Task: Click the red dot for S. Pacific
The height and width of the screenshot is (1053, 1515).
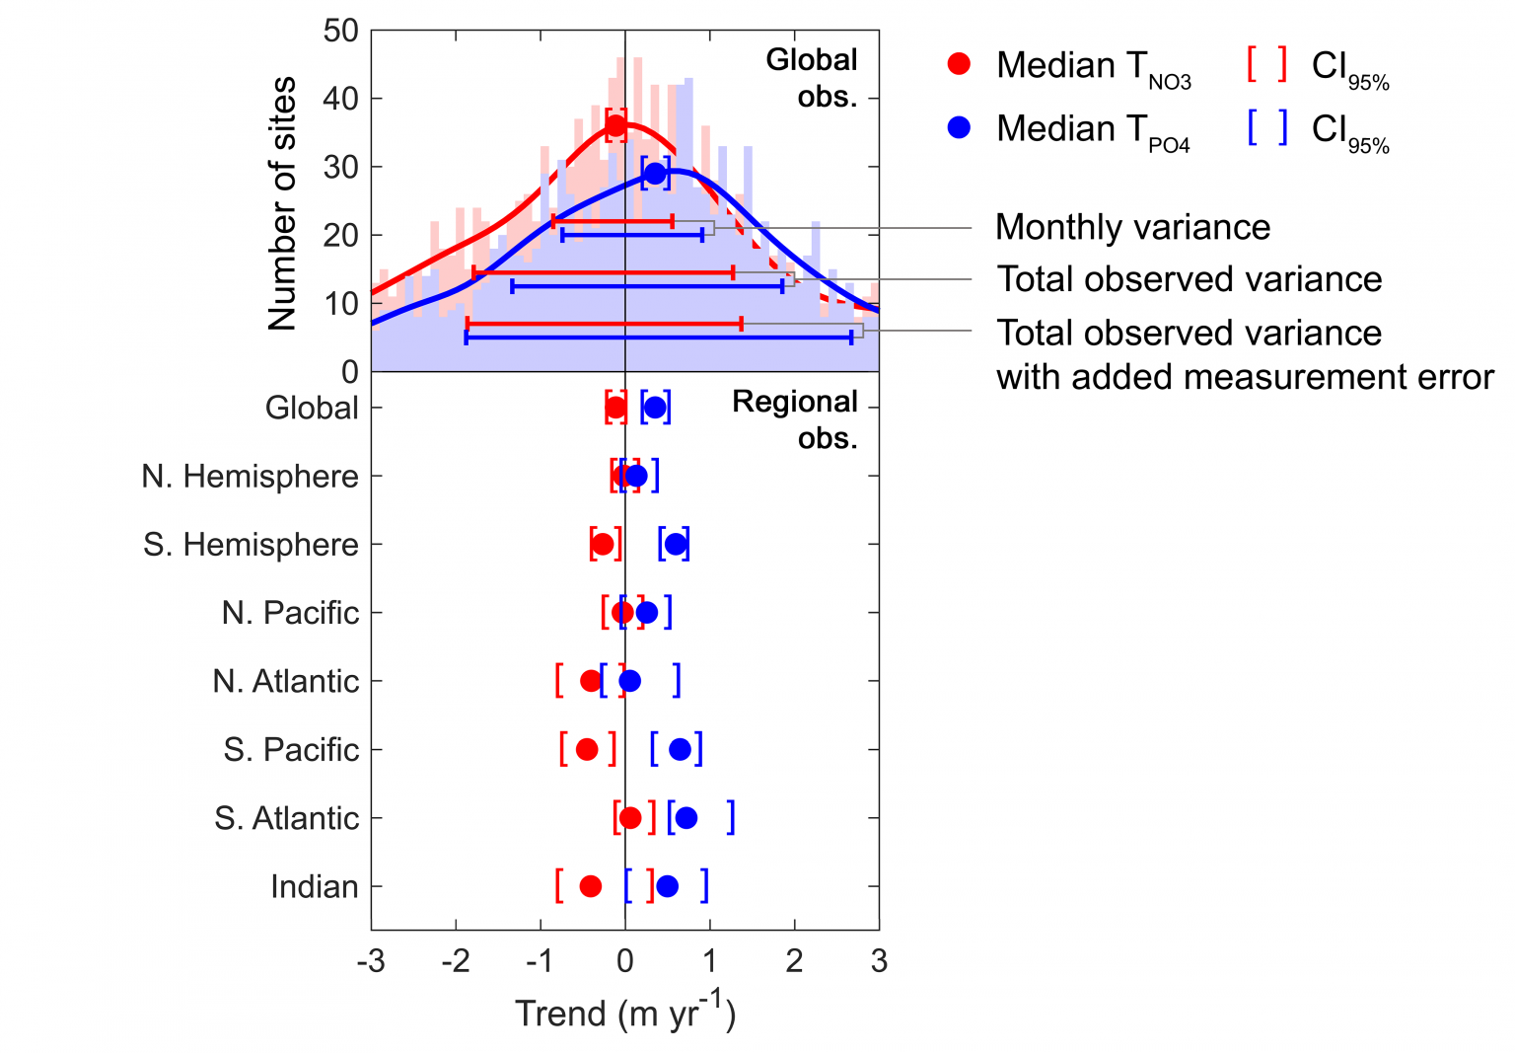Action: click(587, 749)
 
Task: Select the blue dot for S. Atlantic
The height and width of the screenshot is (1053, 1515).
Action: click(686, 818)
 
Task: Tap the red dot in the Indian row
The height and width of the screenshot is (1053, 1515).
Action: click(591, 886)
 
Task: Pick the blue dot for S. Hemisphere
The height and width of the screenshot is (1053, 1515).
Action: click(676, 544)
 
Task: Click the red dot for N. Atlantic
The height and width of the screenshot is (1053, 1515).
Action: click(591, 681)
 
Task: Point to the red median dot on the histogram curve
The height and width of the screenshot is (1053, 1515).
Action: click(615, 125)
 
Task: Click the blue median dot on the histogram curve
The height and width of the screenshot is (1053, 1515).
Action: click(655, 174)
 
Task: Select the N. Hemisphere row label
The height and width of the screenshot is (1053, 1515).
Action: click(250, 477)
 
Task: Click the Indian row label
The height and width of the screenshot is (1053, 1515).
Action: click(315, 887)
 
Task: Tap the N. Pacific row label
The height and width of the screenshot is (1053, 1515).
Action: click(290, 613)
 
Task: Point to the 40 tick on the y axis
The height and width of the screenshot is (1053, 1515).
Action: click(340, 99)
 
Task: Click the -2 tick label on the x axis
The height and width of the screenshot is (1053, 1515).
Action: click(455, 961)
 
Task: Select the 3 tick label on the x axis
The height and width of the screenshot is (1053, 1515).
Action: click(879, 961)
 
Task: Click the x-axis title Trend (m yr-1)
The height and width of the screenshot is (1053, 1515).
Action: click(625, 1013)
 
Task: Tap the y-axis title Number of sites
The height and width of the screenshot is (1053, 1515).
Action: click(282, 203)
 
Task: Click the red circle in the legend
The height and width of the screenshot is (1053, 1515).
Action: click(959, 65)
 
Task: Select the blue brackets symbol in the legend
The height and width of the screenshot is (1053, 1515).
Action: click(1266, 127)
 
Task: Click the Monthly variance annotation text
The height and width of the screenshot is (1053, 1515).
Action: click(1132, 228)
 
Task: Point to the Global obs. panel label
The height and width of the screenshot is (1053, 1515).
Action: click(813, 78)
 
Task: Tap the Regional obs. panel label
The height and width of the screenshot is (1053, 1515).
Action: click(795, 419)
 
